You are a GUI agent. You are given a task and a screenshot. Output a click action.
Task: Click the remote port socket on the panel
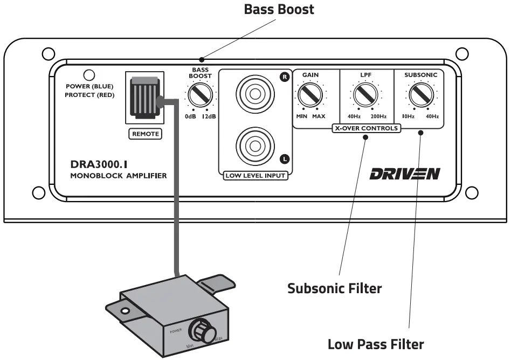pos(144,98)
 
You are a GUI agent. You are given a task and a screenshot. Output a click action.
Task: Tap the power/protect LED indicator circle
pos(88,75)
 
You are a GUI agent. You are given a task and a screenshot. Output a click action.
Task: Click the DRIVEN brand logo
pos(405,174)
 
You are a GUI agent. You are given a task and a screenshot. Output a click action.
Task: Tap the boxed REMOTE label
pos(146,134)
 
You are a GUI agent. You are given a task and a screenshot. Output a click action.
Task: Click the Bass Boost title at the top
pos(279,9)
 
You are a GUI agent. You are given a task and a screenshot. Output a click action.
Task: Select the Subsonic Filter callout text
pos(334,288)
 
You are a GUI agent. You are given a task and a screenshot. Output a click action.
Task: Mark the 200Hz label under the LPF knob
pos(378,116)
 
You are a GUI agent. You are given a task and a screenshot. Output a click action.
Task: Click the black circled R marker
pos(285,77)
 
